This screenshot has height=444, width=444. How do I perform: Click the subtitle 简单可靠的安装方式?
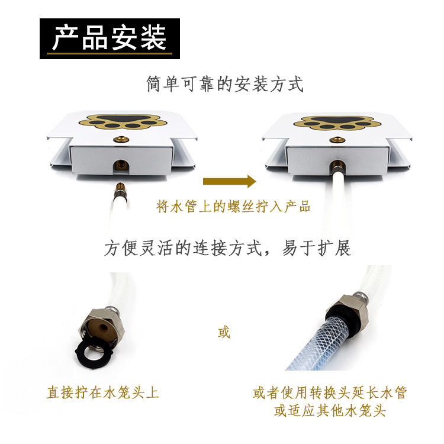tap(225, 85)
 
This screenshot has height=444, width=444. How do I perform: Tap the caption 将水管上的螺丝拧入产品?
tap(233, 207)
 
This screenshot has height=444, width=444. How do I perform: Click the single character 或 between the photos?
tap(223, 333)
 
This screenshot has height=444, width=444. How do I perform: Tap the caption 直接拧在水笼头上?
tap(103, 392)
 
